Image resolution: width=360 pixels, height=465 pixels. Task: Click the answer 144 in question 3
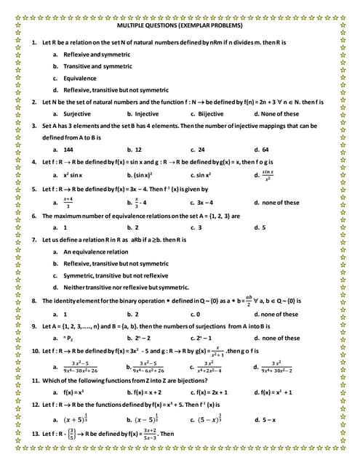click(70, 149)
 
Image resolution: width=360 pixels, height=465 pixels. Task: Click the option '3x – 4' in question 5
click(209, 203)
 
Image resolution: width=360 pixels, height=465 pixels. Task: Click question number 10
click(36, 350)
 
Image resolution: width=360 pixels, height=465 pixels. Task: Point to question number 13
click(36, 434)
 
